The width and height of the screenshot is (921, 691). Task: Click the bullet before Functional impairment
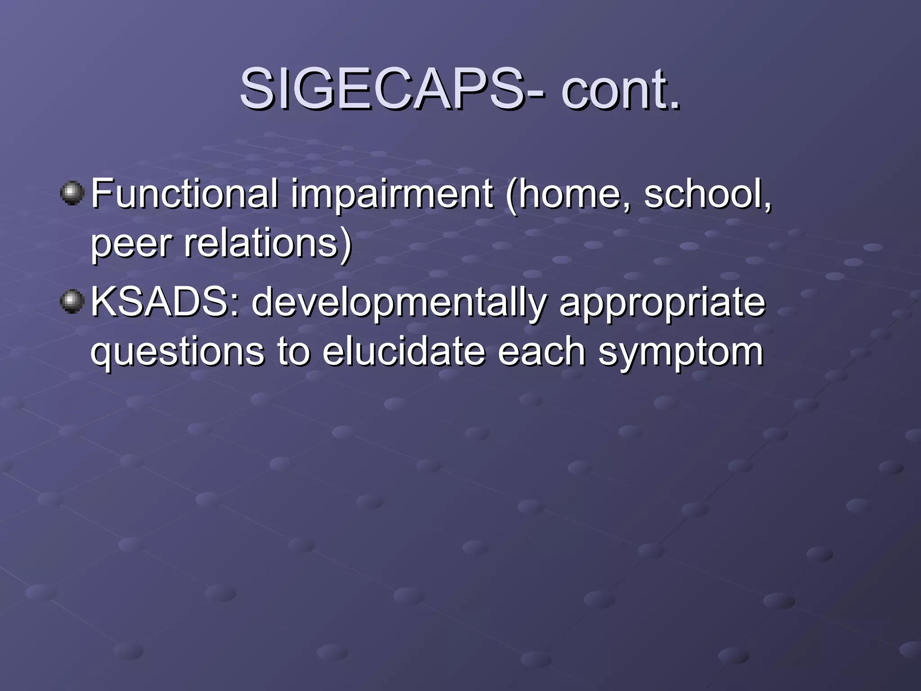click(x=72, y=193)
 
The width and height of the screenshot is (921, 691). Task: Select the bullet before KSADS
click(x=72, y=301)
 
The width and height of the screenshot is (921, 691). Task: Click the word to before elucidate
click(x=293, y=352)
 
